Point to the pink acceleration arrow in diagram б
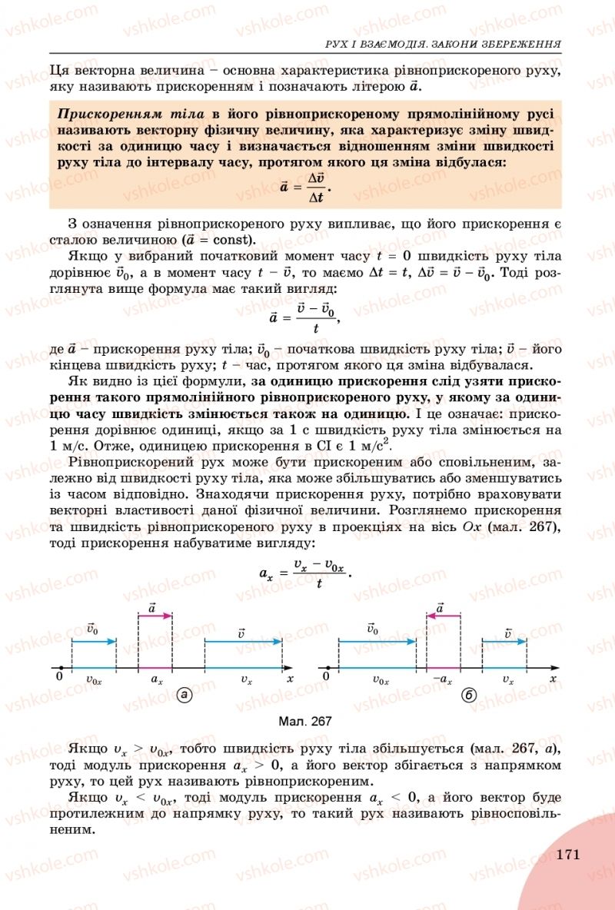[443, 616]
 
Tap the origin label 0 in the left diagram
[59, 677]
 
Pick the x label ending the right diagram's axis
[554, 679]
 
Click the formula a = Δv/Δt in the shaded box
[308, 187]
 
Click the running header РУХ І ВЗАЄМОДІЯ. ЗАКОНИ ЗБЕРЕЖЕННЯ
[443, 45]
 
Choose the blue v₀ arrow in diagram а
[94, 640]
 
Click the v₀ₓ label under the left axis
[95, 680]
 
